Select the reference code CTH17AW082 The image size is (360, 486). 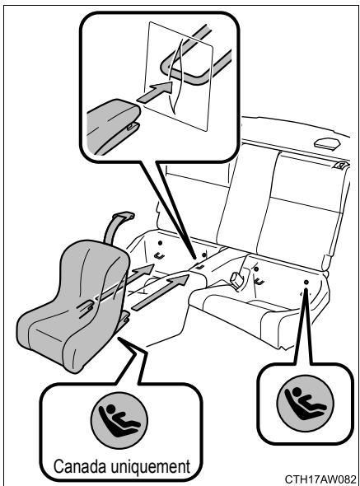click(x=320, y=478)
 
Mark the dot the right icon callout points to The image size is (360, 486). click(x=305, y=283)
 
